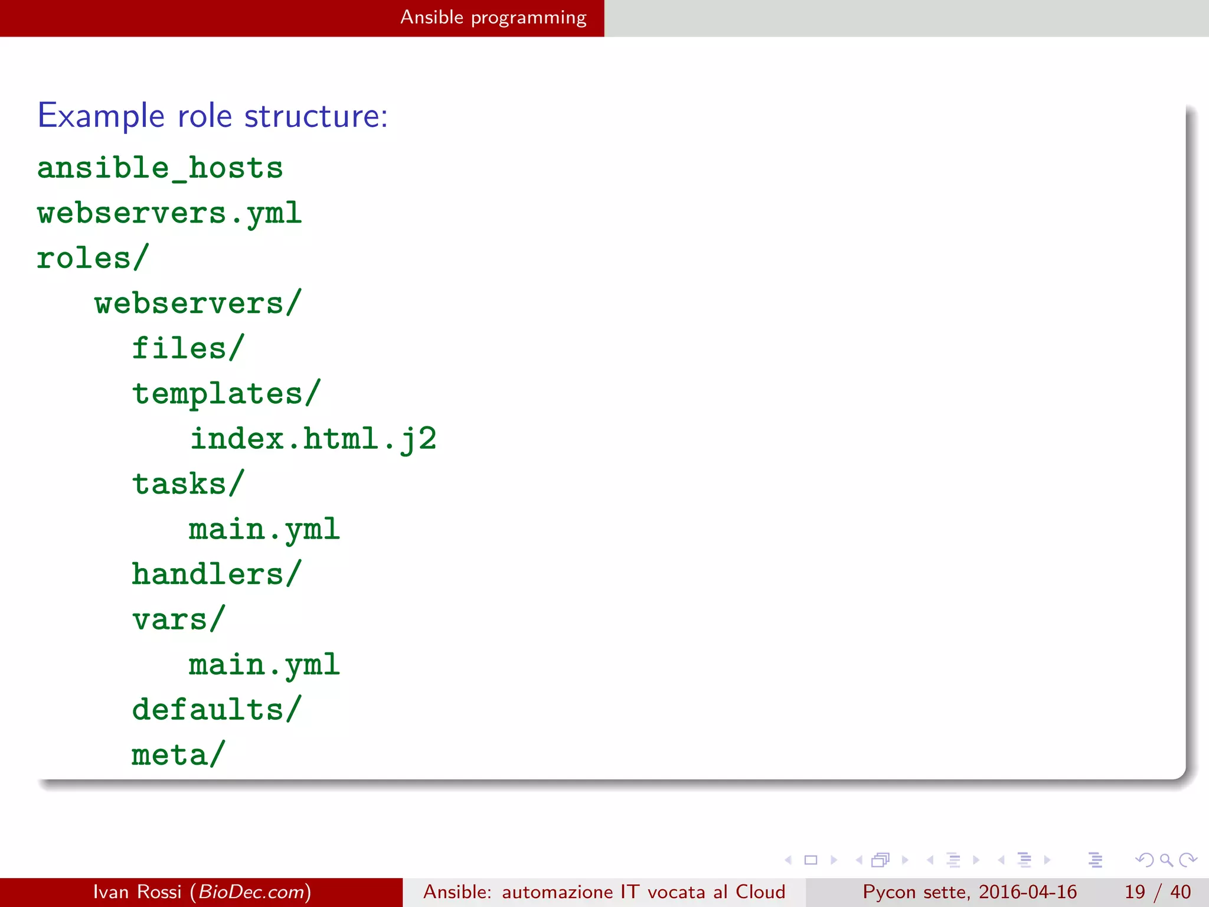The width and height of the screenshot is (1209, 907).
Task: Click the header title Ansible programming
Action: coord(494,18)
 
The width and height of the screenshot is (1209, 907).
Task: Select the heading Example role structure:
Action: coord(213,116)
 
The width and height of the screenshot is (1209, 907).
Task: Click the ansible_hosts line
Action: coord(160,168)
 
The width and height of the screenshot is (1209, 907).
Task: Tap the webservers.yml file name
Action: coord(169,213)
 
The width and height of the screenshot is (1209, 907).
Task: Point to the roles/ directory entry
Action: coord(93,258)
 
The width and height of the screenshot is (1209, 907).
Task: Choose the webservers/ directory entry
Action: coord(198,304)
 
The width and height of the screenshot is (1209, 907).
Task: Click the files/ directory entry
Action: coord(188,348)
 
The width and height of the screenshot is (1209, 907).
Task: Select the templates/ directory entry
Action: coord(226,394)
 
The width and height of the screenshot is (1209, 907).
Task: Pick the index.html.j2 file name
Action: coord(313,439)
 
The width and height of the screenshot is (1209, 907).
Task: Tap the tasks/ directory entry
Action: coord(188,484)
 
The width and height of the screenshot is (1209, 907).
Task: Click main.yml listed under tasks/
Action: coord(264,530)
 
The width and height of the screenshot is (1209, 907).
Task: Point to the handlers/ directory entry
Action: coord(217,575)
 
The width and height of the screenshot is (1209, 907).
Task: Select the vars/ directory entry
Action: coord(178,620)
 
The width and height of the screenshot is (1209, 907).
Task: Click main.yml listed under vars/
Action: coord(264,665)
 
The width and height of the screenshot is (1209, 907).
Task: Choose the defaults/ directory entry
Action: coord(217,710)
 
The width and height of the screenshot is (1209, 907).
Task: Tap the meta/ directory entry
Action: coord(178,755)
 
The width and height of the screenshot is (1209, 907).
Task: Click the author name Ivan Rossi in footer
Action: coord(137,892)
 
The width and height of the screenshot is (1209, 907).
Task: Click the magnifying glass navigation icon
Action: coord(1166,860)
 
